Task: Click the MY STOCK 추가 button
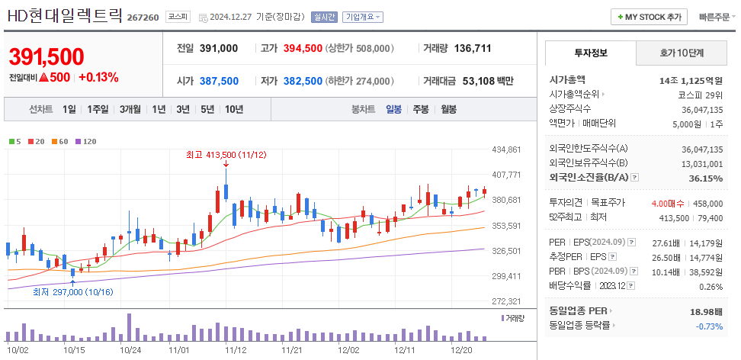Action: coord(650,17)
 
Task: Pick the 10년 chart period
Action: coord(234,109)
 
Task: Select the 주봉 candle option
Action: coord(421,109)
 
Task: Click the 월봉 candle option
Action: coord(448,109)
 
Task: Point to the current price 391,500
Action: coord(47,56)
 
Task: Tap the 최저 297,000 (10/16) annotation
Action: coord(72,291)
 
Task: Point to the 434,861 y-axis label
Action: coord(506,149)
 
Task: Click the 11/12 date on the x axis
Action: coord(235,350)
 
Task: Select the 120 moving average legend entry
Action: coord(89,141)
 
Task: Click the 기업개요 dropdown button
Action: coord(363,17)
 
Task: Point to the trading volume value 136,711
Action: coord(473,48)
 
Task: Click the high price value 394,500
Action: coord(303,48)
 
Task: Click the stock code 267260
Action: coord(143,17)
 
